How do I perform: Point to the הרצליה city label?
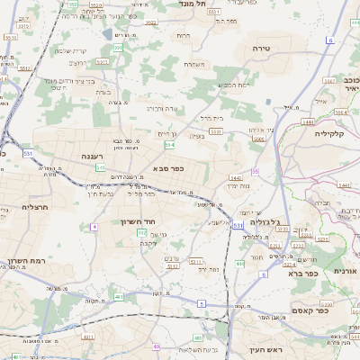tap(37, 206)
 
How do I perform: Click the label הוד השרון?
tap(138, 221)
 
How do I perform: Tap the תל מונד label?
tap(219, 4)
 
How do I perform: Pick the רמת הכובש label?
tap(233, 85)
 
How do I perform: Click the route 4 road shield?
tap(94, 227)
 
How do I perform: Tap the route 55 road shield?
tap(255, 171)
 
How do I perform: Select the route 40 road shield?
tap(157, 346)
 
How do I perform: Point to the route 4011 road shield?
tap(89, 337)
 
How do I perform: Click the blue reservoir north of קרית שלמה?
tap(109, 34)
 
